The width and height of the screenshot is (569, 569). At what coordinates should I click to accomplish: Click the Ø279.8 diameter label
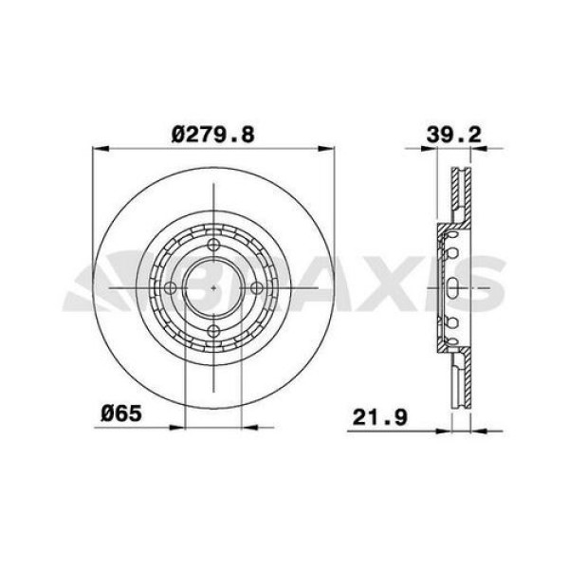pyautogui.click(x=213, y=135)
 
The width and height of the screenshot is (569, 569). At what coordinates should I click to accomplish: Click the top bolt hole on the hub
pyautogui.click(x=214, y=245)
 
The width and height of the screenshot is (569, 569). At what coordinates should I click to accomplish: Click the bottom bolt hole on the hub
pyautogui.click(x=214, y=329)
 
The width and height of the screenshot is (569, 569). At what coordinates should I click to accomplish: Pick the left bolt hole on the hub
pyautogui.click(x=172, y=287)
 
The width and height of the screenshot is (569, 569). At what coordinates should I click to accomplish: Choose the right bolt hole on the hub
pyautogui.click(x=257, y=287)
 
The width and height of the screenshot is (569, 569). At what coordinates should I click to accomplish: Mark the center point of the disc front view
pyautogui.click(x=214, y=287)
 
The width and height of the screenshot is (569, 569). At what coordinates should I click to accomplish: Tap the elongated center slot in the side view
pyautogui.click(x=454, y=287)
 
